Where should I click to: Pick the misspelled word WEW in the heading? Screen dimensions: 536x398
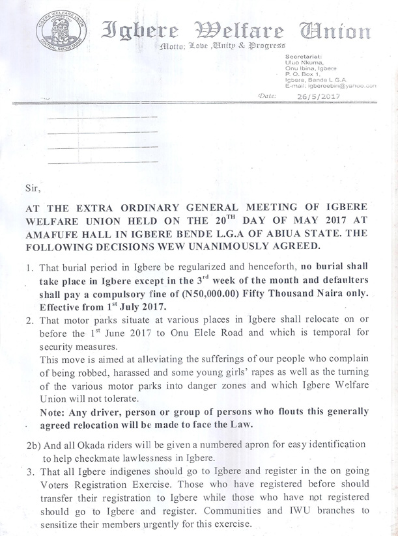click(x=165, y=246)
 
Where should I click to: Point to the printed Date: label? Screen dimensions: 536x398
click(x=268, y=96)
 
